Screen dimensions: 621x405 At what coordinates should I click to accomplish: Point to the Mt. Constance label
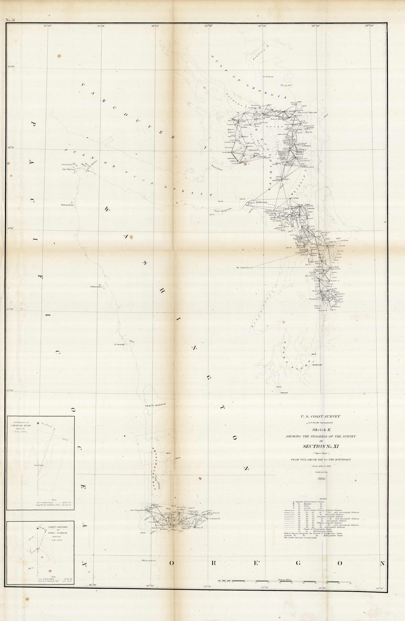(x=244, y=267)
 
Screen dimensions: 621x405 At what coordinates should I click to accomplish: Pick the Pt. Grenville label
(x=120, y=344)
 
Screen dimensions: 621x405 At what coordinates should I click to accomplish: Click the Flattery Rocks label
(x=67, y=205)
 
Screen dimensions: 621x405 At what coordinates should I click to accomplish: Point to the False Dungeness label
(x=223, y=210)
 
